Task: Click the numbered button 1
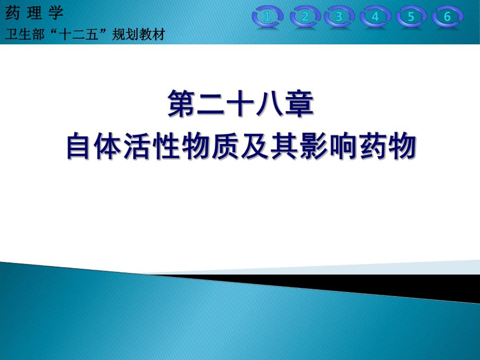268,17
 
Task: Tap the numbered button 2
305,17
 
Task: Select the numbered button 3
339,17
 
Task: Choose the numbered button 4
375,17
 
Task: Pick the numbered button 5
411,17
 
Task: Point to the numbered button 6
447,17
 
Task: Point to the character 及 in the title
255,146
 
